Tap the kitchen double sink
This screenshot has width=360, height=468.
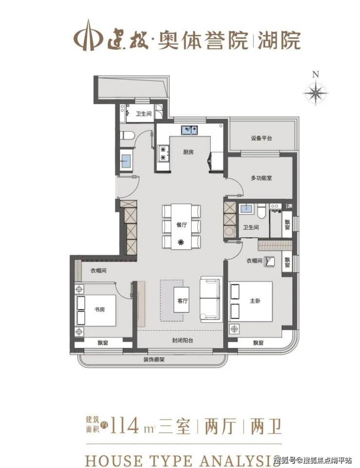[x=190, y=130]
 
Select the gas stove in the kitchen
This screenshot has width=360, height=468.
[x=163, y=153]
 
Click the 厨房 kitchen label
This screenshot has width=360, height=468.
[x=188, y=152]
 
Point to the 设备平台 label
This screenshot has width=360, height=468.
[x=261, y=138]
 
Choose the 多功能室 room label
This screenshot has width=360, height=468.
[x=261, y=178]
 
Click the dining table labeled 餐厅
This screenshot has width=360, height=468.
[x=181, y=226]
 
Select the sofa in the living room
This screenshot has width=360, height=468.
[x=211, y=299]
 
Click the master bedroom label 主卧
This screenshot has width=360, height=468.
[x=255, y=301]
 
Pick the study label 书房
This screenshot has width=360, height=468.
[x=100, y=310]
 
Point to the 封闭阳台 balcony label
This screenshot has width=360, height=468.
[x=182, y=340]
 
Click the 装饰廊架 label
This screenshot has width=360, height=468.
[x=154, y=360]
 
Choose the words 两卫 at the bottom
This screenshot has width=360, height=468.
[x=266, y=426]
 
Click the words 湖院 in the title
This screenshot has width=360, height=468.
[x=279, y=40]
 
